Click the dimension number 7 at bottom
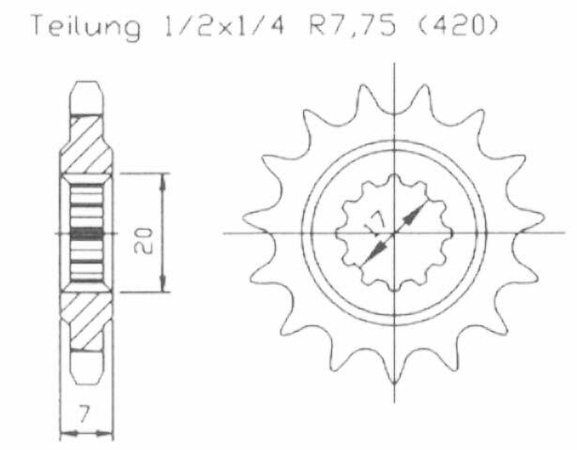(86, 413)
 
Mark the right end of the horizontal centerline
(564, 232)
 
